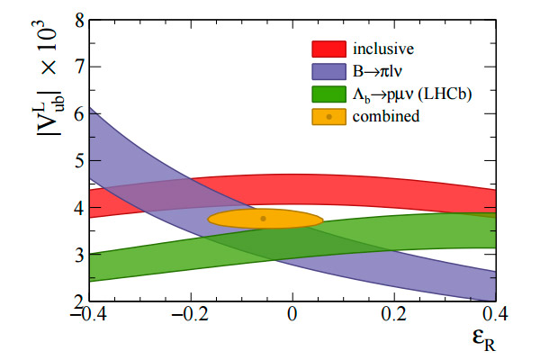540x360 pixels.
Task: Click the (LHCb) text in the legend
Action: pyautogui.click(x=454, y=94)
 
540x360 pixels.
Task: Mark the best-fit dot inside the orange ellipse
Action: pyautogui.click(x=264, y=219)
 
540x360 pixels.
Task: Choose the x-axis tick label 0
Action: pyautogui.click(x=292, y=318)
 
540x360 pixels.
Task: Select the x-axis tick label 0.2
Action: pyautogui.click(x=391, y=318)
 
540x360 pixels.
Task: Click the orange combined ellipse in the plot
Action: pyautogui.click(x=288, y=219)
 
